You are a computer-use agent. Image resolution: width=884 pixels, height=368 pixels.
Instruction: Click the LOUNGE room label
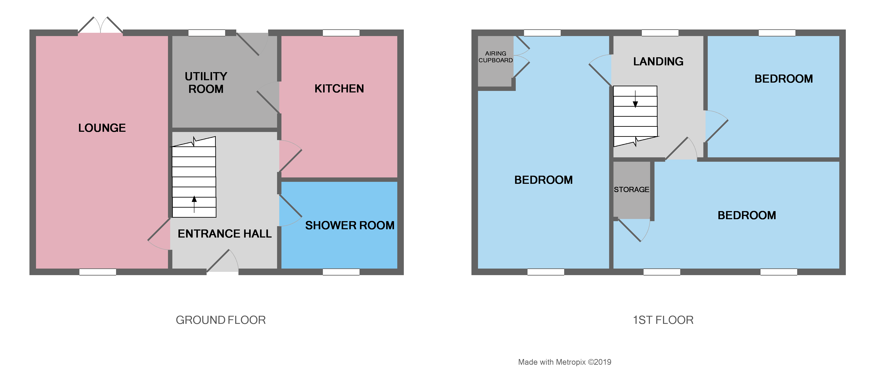click(x=102, y=128)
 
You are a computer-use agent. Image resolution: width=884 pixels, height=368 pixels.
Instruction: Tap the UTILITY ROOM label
click(x=206, y=82)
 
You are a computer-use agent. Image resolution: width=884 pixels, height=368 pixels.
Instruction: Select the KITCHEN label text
click(x=339, y=89)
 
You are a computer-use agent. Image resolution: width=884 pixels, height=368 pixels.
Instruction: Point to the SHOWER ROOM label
click(x=350, y=225)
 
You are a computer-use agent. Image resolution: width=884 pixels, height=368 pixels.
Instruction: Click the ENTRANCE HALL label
click(x=224, y=234)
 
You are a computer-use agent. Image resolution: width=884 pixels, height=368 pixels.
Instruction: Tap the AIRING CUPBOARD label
click(x=495, y=57)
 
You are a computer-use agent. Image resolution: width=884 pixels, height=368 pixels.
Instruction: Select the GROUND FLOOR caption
click(x=221, y=320)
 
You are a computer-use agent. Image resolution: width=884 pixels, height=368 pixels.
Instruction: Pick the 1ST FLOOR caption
click(x=663, y=320)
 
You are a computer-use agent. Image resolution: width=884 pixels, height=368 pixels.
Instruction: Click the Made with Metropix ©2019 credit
click(x=565, y=362)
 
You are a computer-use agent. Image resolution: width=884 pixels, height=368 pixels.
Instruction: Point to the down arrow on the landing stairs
click(x=635, y=100)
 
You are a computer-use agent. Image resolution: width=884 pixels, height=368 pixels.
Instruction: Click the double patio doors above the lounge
click(x=101, y=26)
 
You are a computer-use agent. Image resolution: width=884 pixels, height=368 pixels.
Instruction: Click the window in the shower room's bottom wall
click(x=341, y=272)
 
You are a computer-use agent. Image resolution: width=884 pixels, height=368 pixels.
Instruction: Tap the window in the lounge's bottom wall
click(x=98, y=272)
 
